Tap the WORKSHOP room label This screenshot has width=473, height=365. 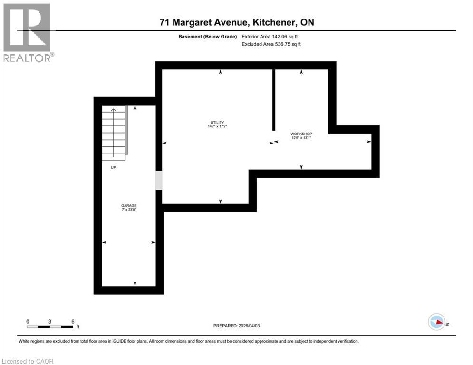pyautogui.click(x=301, y=134)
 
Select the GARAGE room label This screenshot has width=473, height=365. pyautogui.click(x=128, y=205)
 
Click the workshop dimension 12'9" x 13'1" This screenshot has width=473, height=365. pyautogui.click(x=301, y=138)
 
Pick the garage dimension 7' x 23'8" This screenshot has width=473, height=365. pyautogui.click(x=128, y=210)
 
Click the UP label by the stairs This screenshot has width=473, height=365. pyautogui.click(x=114, y=167)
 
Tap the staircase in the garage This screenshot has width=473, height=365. pyautogui.click(x=114, y=133)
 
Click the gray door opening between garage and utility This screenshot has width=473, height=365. pyautogui.click(x=159, y=181)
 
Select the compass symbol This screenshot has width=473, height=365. pyautogui.click(x=436, y=322)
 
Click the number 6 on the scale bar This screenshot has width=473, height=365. pyautogui.click(x=73, y=321)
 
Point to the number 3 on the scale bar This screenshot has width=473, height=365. pyautogui.click(x=50, y=321)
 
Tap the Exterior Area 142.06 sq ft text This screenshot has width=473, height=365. pyautogui.click(x=271, y=36)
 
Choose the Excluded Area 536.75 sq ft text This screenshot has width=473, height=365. pyautogui.click(x=271, y=44)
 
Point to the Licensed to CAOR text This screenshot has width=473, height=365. pyautogui.click(x=28, y=361)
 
